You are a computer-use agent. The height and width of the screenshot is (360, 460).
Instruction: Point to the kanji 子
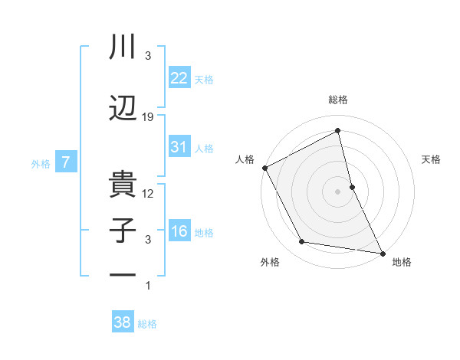123,231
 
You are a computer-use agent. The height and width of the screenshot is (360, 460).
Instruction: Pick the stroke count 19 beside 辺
149,117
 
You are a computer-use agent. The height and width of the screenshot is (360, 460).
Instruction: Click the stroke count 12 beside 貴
149,194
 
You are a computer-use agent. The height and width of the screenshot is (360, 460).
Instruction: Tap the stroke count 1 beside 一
149,286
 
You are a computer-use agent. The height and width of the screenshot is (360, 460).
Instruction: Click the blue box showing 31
179,146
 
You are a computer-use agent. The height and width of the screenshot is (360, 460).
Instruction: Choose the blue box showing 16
179,231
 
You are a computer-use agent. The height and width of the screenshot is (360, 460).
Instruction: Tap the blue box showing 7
67,162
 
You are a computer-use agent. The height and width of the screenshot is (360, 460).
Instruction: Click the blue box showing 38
122,322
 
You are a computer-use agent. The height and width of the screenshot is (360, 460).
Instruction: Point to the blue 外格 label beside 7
41,163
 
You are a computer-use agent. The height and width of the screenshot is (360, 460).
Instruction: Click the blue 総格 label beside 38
147,324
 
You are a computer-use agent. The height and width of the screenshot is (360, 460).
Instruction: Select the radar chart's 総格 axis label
338,100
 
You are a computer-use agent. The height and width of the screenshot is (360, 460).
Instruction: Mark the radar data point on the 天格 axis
352,186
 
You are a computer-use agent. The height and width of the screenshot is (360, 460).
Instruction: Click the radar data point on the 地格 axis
383,253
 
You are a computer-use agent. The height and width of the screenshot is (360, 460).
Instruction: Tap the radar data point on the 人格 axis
264,168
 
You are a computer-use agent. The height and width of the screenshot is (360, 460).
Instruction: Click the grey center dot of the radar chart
337,191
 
